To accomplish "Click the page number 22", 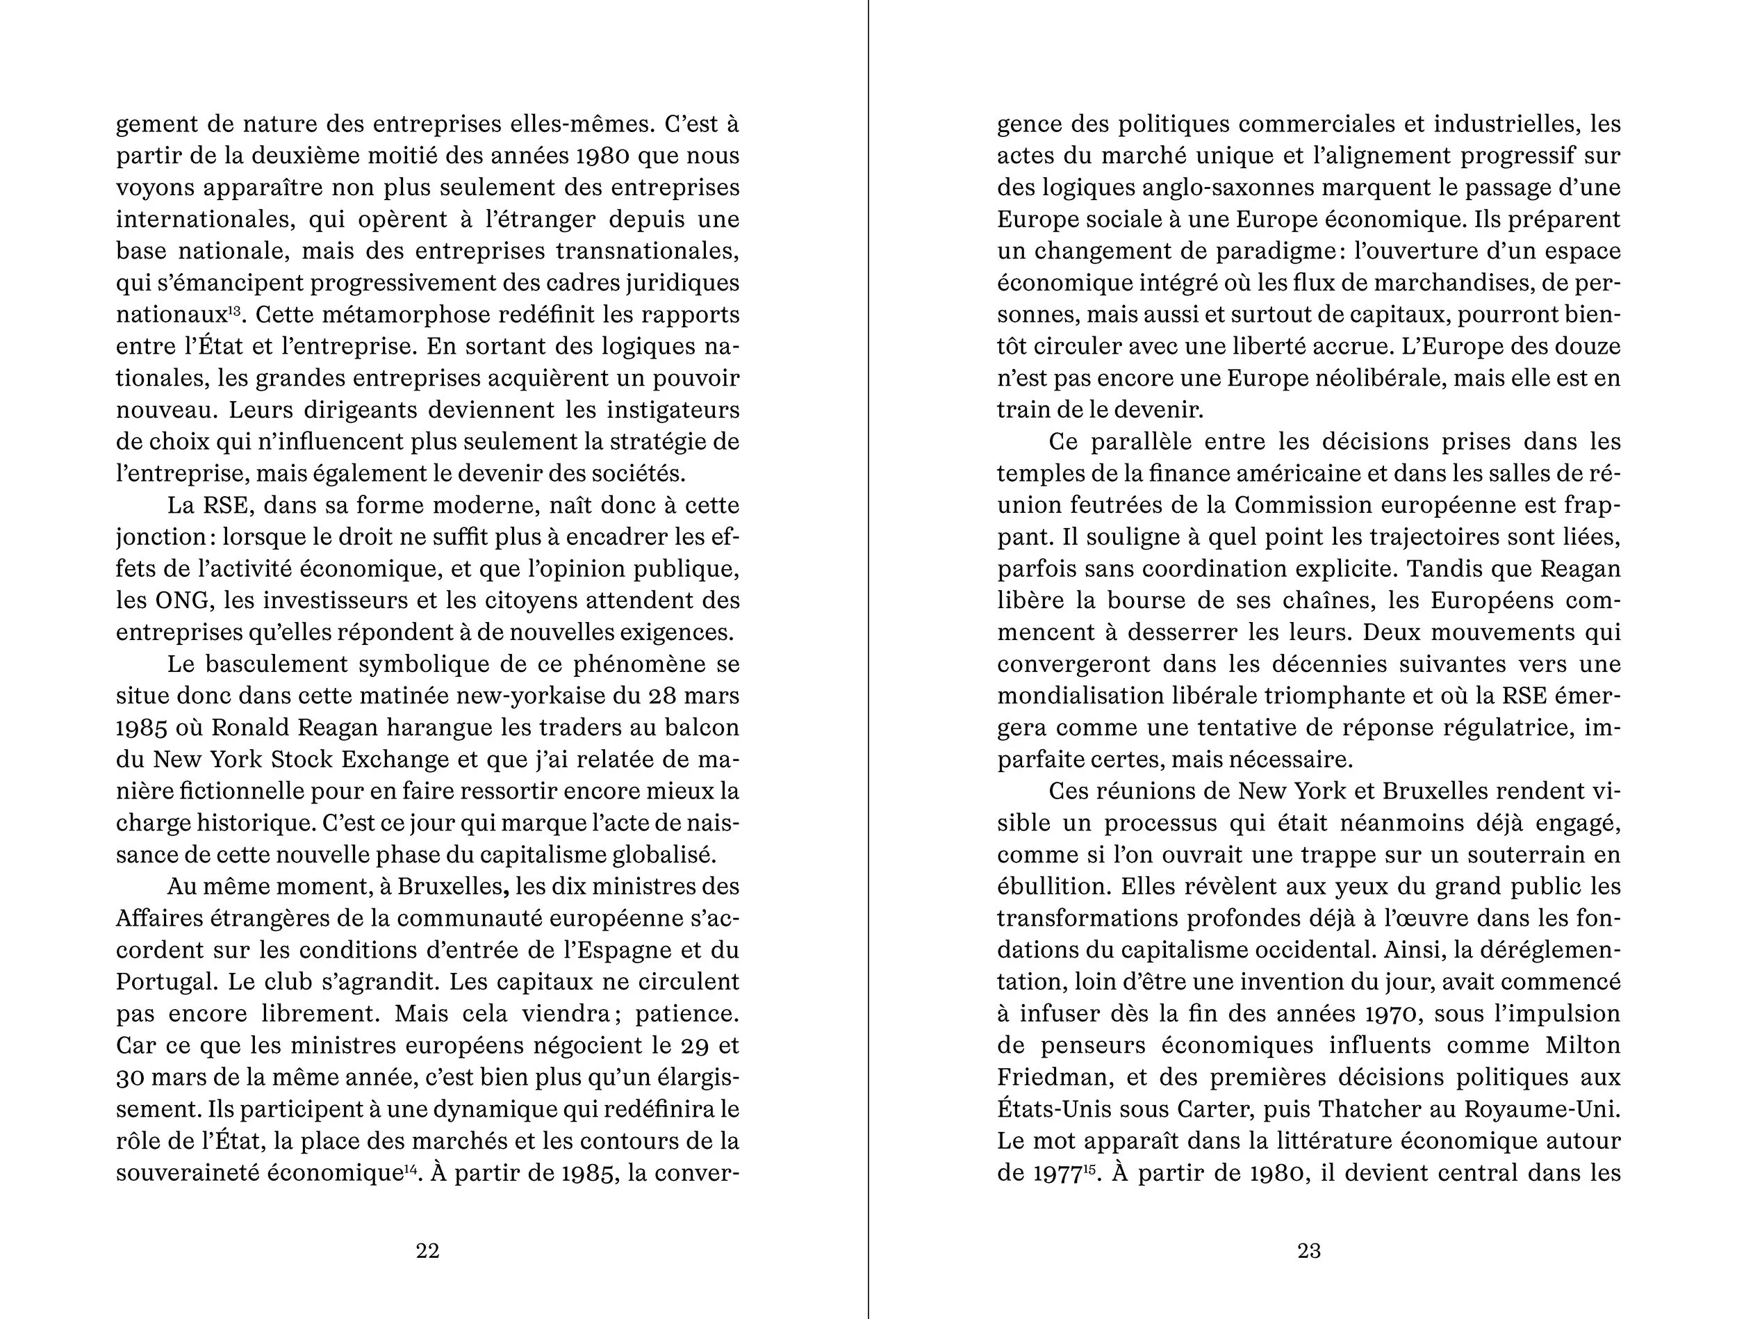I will tap(427, 1251).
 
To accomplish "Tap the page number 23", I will tap(1308, 1251).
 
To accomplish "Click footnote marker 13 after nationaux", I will tap(234, 309).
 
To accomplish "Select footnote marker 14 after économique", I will tap(410, 1168).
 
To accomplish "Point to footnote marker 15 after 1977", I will tap(1089, 1168).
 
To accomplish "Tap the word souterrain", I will tap(1517, 855).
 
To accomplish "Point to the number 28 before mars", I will tap(664, 696).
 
